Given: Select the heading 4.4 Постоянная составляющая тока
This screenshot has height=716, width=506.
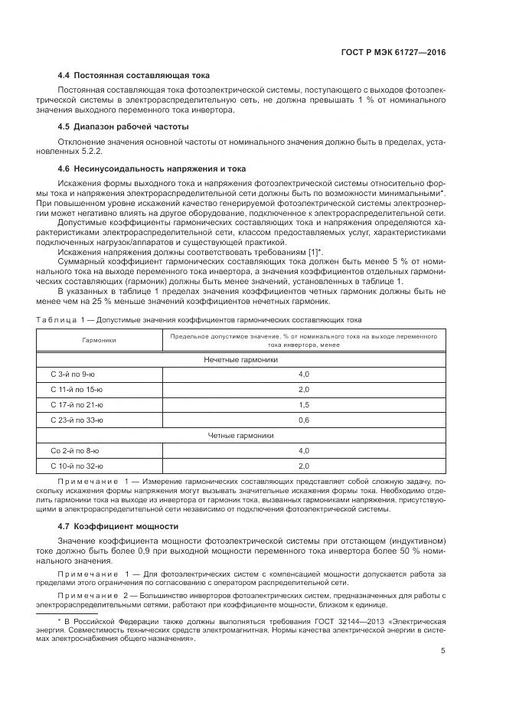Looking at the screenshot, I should click(134, 76).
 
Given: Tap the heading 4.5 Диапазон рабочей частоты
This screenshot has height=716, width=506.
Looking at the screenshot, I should click(123, 126).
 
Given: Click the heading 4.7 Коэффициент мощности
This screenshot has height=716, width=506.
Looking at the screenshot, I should click(118, 526).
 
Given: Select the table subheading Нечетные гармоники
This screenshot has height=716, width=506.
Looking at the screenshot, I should click(240, 358).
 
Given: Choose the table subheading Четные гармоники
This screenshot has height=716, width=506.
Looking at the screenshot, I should click(240, 435).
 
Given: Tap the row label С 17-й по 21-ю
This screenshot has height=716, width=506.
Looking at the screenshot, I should click(77, 404).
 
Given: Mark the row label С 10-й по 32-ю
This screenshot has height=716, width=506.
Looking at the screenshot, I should click(77, 466).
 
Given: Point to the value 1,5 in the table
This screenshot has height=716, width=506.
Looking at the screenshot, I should click(303, 404).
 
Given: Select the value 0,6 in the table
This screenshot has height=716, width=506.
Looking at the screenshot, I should click(303, 420).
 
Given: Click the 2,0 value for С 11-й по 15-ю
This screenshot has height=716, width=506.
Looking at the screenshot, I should click(303, 389).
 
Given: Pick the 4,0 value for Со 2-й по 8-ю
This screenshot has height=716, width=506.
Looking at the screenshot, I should click(303, 450).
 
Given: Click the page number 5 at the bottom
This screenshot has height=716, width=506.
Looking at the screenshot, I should click(443, 652).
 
